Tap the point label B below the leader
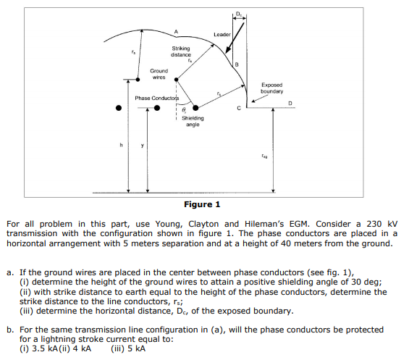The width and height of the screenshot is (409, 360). pyautogui.click(x=237, y=66)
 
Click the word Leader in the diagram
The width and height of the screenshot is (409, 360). pyautogui.click(x=222, y=34)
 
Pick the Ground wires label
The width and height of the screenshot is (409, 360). pyautogui.click(x=159, y=74)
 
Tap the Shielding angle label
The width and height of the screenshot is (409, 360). pyautogui.click(x=193, y=121)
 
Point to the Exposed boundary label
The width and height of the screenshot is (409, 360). pyautogui.click(x=272, y=88)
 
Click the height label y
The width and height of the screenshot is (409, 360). pyautogui.click(x=142, y=143)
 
